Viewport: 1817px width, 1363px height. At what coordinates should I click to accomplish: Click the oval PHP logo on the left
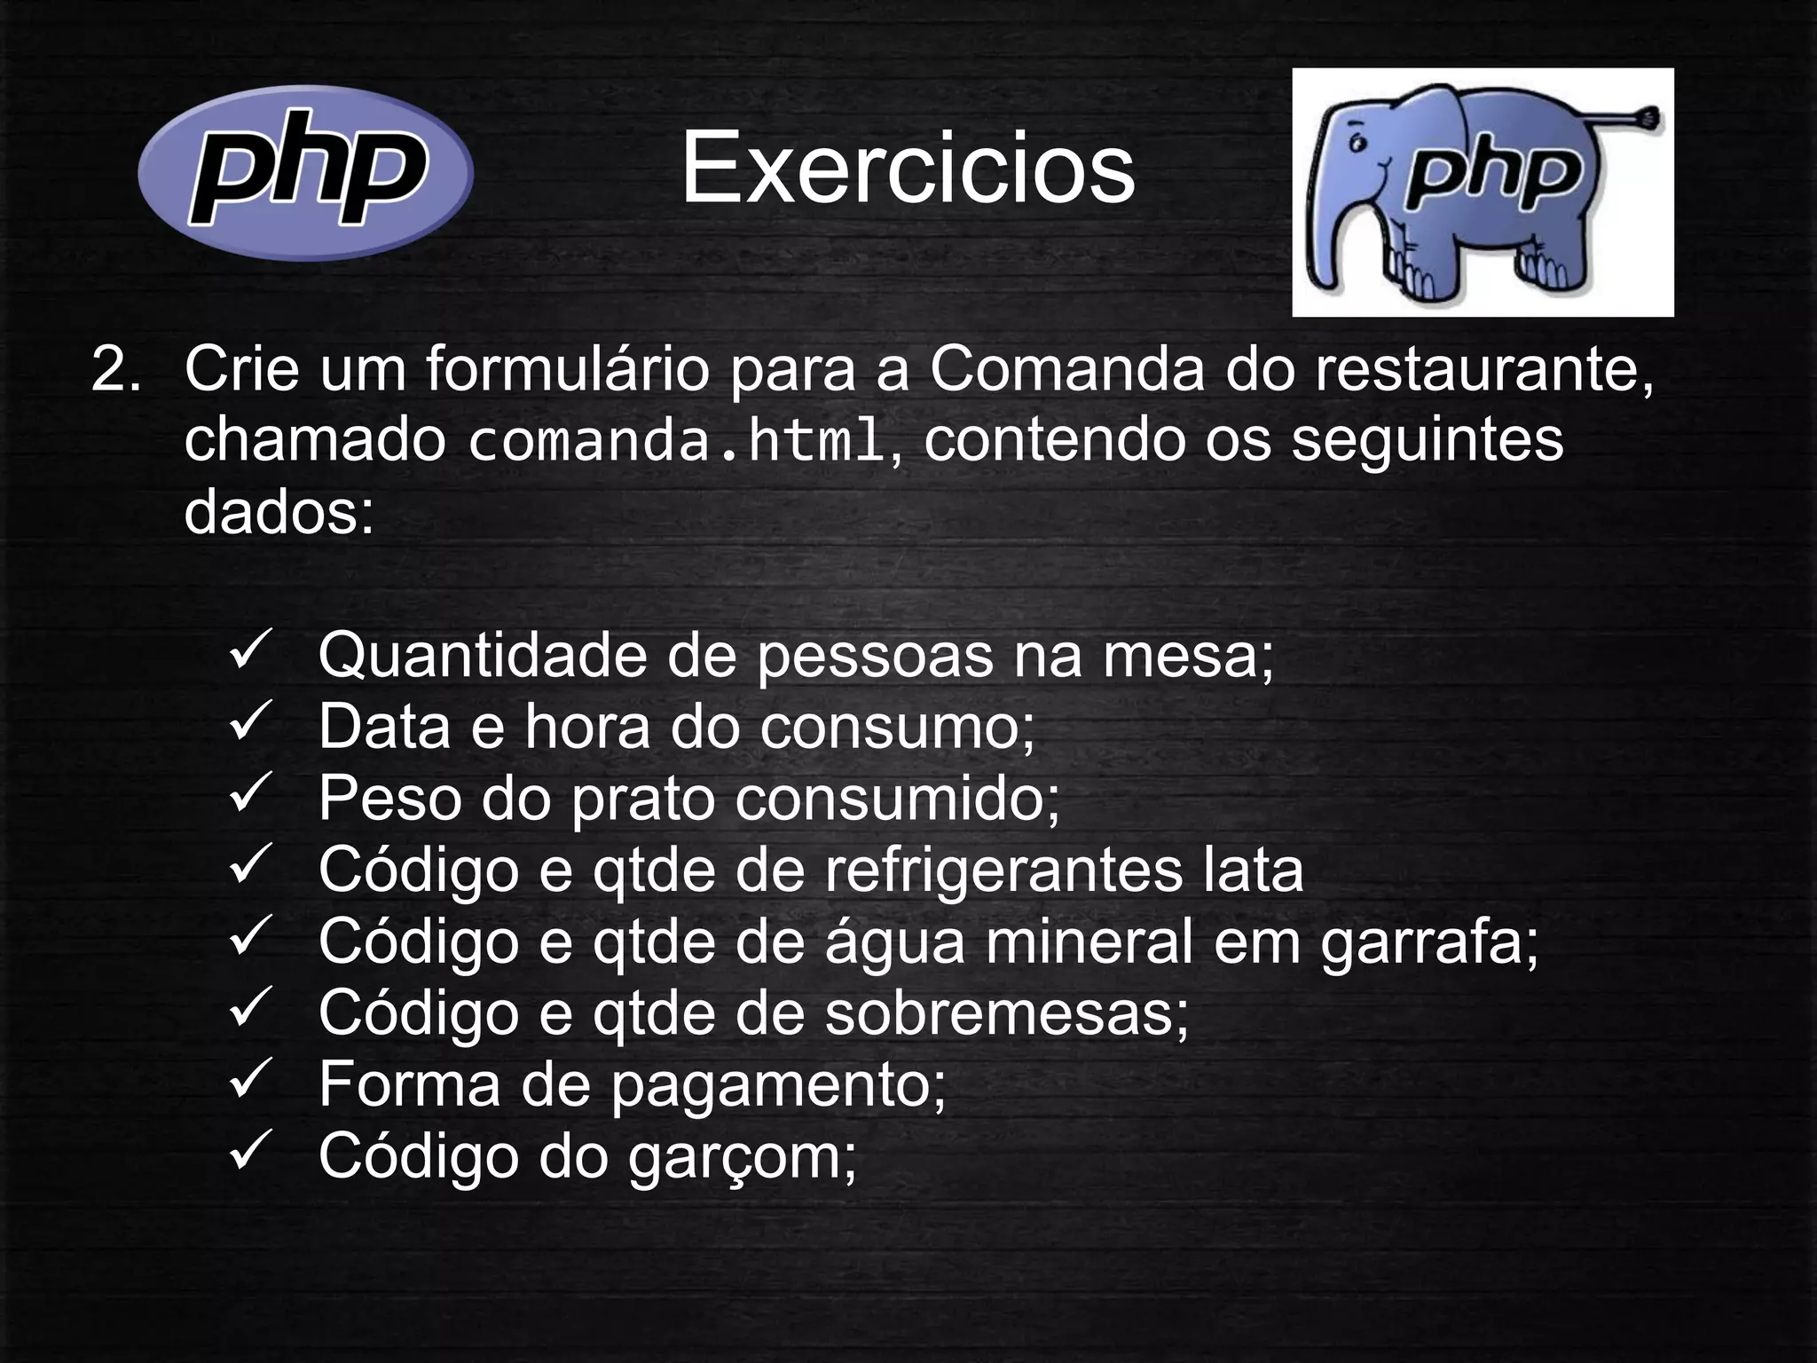click(305, 172)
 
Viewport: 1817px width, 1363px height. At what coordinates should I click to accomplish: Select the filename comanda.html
click(676, 441)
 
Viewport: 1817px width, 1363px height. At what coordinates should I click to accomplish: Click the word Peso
click(389, 798)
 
